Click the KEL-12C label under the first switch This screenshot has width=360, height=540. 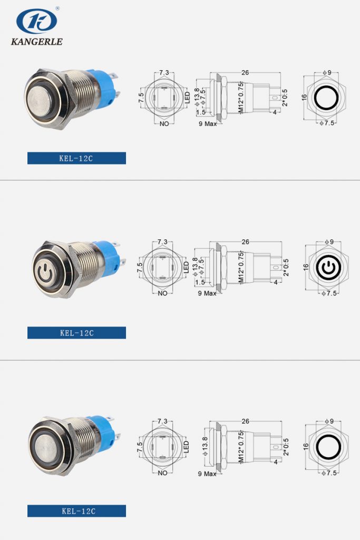coord(76,158)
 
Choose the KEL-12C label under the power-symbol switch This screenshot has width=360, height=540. coord(76,333)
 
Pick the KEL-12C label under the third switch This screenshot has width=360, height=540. coord(76,510)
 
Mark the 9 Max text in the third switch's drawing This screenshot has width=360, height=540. coord(207,474)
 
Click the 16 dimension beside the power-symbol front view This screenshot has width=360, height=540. coord(305,268)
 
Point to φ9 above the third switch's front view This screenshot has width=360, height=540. coord(328,421)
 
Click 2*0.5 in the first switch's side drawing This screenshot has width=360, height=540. coord(286,97)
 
